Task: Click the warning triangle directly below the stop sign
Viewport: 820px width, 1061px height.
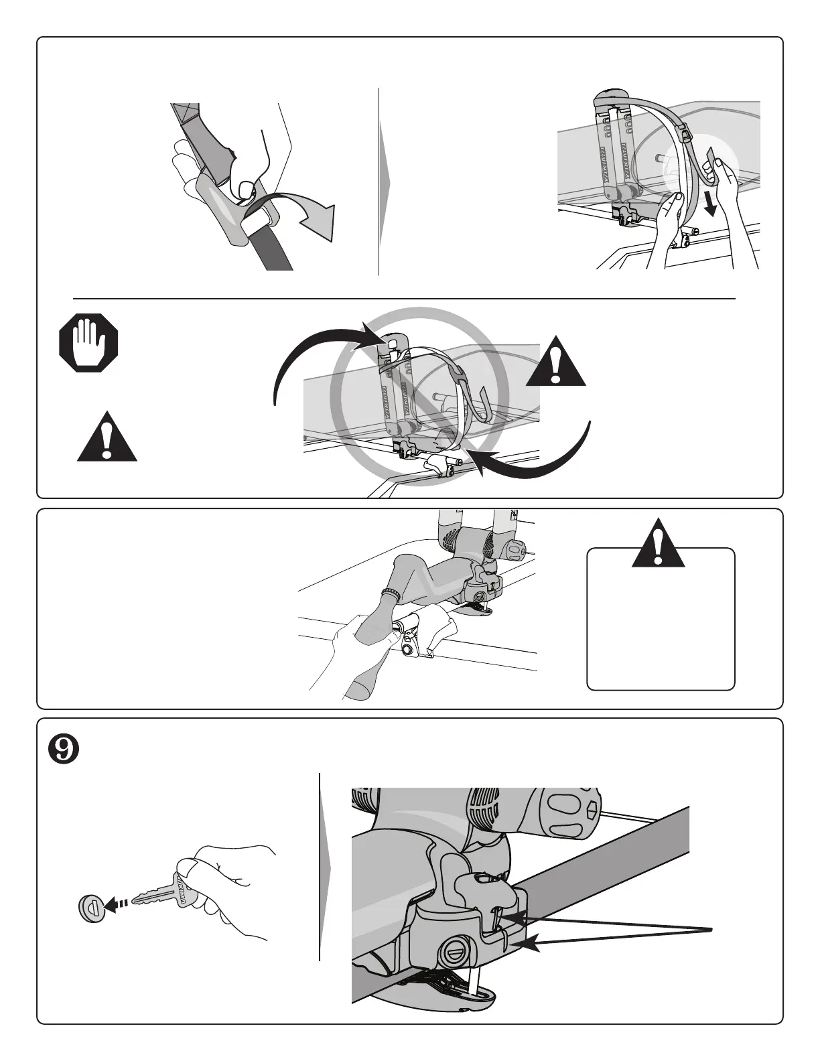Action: tap(107, 437)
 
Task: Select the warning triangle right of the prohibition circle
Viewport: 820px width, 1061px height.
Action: tap(556, 362)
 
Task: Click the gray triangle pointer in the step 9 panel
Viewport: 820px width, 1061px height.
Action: tap(326, 868)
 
